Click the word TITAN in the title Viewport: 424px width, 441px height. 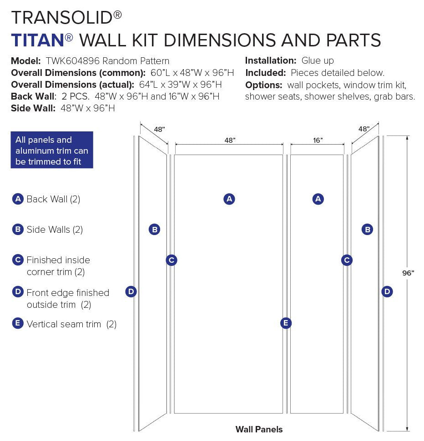click(38, 40)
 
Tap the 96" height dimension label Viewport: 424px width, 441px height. click(408, 273)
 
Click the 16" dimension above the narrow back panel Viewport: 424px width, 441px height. click(318, 140)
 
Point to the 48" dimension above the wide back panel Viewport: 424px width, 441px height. click(229, 140)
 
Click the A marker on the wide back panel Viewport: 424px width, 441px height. click(229, 199)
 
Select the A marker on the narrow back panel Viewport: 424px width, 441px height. click(318, 199)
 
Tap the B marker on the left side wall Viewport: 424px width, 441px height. click(155, 230)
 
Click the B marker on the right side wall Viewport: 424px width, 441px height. click(367, 230)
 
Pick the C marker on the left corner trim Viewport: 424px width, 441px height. click(171, 260)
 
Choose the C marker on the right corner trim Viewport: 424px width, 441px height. click(347, 260)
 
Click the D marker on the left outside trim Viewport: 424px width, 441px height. click(131, 292)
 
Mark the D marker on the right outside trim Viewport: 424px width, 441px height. click(387, 292)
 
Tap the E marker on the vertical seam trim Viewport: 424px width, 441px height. click(286, 323)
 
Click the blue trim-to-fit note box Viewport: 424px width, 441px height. click(52, 150)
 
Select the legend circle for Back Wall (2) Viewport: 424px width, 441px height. click(17, 199)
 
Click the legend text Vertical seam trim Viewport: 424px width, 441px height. click(64, 324)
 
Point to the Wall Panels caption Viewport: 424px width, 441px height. click(259, 429)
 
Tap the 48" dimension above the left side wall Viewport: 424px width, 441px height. click(159, 129)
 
